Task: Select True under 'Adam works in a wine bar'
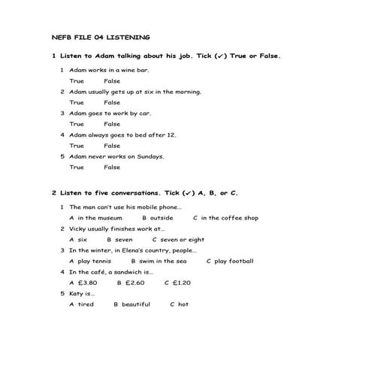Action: click(x=77, y=80)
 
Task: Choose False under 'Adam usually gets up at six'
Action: click(x=112, y=102)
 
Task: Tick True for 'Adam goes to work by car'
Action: click(x=77, y=124)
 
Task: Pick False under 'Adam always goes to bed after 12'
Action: click(x=112, y=146)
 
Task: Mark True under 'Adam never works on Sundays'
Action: click(x=77, y=168)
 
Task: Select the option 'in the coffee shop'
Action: click(x=230, y=218)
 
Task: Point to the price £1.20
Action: click(x=181, y=283)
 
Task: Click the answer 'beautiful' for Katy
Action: click(x=136, y=304)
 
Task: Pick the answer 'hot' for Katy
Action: click(x=183, y=304)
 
